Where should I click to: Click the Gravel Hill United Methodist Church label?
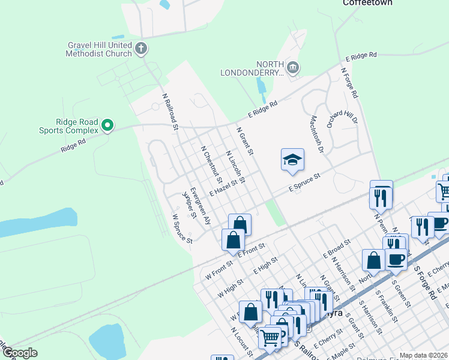(98, 49)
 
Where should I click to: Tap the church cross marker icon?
(141, 49)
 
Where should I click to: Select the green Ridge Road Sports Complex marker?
(107, 125)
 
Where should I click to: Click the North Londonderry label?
(270, 68)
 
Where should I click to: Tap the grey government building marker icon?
(293, 67)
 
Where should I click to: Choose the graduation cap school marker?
(292, 160)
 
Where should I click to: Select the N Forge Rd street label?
(349, 83)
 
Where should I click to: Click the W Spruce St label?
(182, 229)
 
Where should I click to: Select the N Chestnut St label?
(211, 164)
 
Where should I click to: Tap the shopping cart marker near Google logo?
(270, 337)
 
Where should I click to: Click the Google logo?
(20, 353)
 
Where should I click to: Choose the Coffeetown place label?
(367, 3)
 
